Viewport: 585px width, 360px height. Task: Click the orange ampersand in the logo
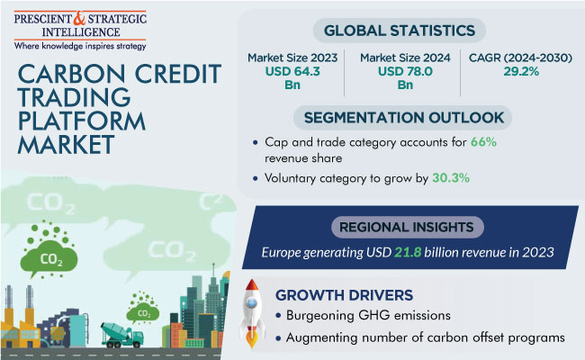pos(79,18)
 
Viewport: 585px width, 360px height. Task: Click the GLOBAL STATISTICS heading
pos(400,31)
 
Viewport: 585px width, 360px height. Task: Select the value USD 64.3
pos(292,71)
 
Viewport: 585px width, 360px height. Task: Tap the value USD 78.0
pos(405,71)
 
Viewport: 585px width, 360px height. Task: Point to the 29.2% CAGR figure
pos(521,71)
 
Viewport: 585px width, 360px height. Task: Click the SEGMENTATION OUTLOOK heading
pos(404,118)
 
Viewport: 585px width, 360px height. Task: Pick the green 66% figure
pos(483,142)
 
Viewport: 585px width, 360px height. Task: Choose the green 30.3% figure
pos(451,178)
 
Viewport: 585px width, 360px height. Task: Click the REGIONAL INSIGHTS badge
pos(407,227)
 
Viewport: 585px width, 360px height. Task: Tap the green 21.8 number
pos(408,253)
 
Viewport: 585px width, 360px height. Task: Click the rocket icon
pos(252,312)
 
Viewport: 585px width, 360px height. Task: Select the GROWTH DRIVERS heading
pos(344,295)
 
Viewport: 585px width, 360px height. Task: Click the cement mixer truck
pos(122,334)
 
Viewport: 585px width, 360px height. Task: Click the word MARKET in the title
pos(66,145)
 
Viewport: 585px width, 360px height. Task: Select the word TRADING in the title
pos(74,97)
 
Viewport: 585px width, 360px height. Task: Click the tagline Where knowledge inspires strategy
pos(80,46)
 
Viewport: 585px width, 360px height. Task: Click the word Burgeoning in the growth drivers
pos(319,316)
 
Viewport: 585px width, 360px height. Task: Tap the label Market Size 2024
pos(405,58)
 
